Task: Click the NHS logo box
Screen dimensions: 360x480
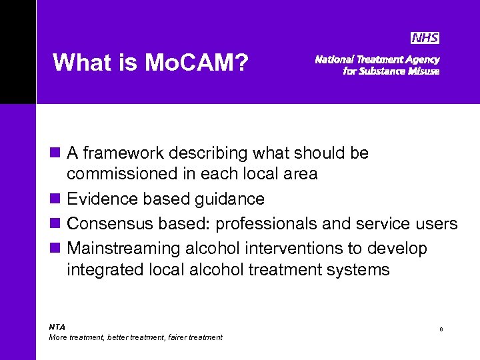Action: point(425,38)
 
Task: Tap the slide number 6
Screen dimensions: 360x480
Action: point(441,329)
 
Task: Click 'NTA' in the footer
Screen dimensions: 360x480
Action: point(57,327)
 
